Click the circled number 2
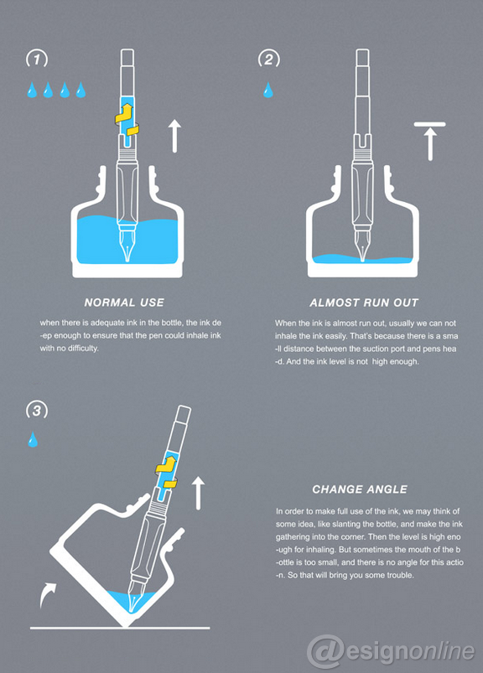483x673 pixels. pyautogui.click(x=268, y=60)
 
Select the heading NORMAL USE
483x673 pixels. pyautogui.click(x=124, y=303)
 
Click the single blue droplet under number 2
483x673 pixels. pyautogui.click(x=268, y=90)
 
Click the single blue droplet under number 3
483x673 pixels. pyautogui.click(x=34, y=439)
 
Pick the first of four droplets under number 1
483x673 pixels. pyautogui.click(x=30, y=90)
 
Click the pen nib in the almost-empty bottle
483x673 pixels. pyautogui.click(x=361, y=247)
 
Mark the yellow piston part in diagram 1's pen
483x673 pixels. pyautogui.click(x=128, y=122)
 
